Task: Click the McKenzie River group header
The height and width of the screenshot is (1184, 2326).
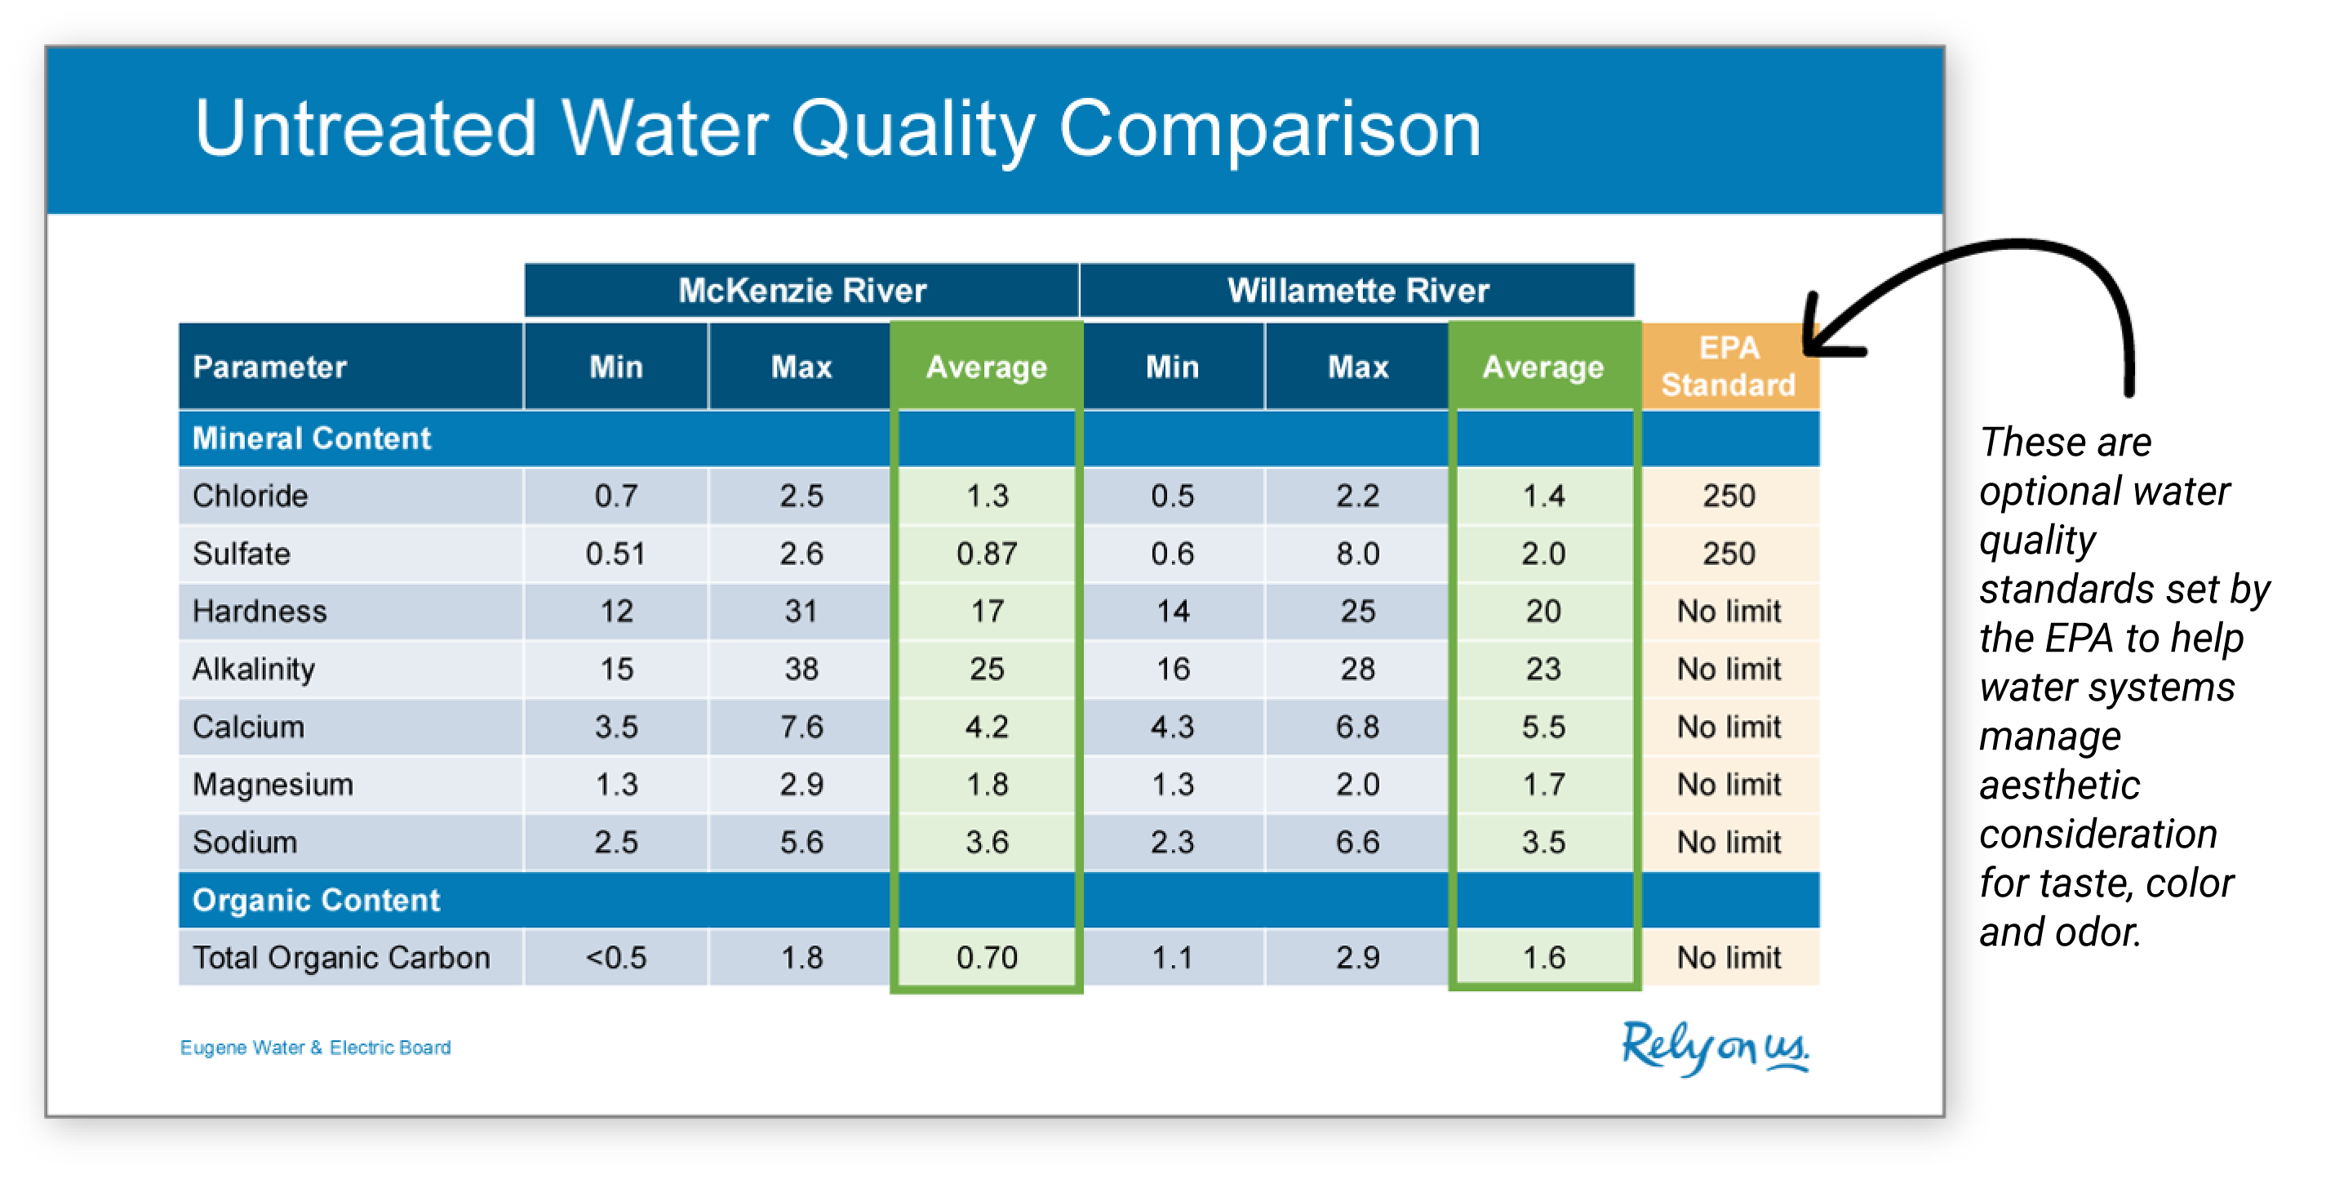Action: click(x=801, y=290)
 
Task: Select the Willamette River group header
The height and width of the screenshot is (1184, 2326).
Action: click(x=1357, y=290)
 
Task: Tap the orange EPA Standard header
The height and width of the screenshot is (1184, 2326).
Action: click(x=1729, y=366)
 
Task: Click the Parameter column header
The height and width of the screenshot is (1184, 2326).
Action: click(x=269, y=367)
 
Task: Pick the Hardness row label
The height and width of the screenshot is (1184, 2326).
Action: click(x=260, y=612)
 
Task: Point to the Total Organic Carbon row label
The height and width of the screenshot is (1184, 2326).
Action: click(x=341, y=957)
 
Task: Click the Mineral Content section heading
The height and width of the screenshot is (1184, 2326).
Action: click(x=312, y=439)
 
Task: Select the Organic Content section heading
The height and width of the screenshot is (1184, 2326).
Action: click(x=316, y=901)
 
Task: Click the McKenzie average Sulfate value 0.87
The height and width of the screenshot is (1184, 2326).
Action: click(x=987, y=554)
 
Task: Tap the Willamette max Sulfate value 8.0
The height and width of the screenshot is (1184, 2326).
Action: click(x=1358, y=554)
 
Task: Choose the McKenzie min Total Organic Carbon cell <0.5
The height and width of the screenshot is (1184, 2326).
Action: click(x=617, y=957)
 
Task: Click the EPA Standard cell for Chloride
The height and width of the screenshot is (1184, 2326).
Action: click(x=1729, y=496)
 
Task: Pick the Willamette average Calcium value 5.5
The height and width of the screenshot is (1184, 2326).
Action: click(x=1544, y=727)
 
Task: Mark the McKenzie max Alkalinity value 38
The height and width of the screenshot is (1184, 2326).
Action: click(x=801, y=670)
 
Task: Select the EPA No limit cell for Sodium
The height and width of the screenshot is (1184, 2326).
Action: click(x=1729, y=843)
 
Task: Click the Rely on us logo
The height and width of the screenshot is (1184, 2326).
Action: click(x=1715, y=1048)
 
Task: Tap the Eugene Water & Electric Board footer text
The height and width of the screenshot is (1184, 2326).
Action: click(x=315, y=1048)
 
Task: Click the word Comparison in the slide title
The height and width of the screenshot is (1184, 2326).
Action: click(x=1270, y=129)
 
